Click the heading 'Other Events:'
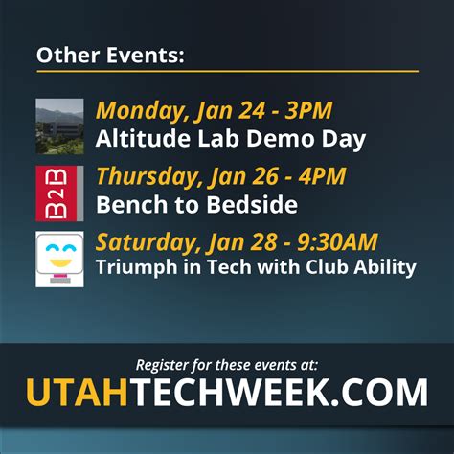[110, 55]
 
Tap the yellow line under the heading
[228, 71]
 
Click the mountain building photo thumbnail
[59, 126]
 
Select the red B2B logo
[59, 193]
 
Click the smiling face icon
[59, 259]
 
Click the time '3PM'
[308, 110]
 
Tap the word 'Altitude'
[143, 138]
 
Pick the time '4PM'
[322, 176]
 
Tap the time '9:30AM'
[337, 241]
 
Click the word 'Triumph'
[137, 267]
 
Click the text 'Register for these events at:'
[227, 365]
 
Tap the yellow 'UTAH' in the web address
[78, 392]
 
